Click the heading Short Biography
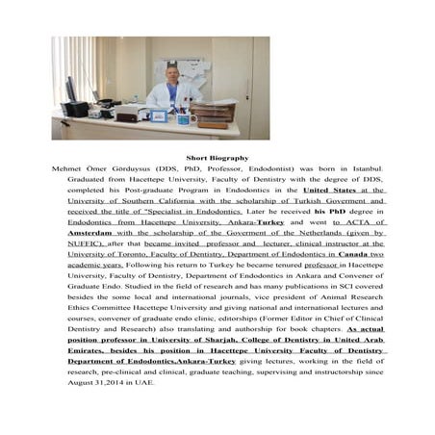[x=217, y=156]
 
